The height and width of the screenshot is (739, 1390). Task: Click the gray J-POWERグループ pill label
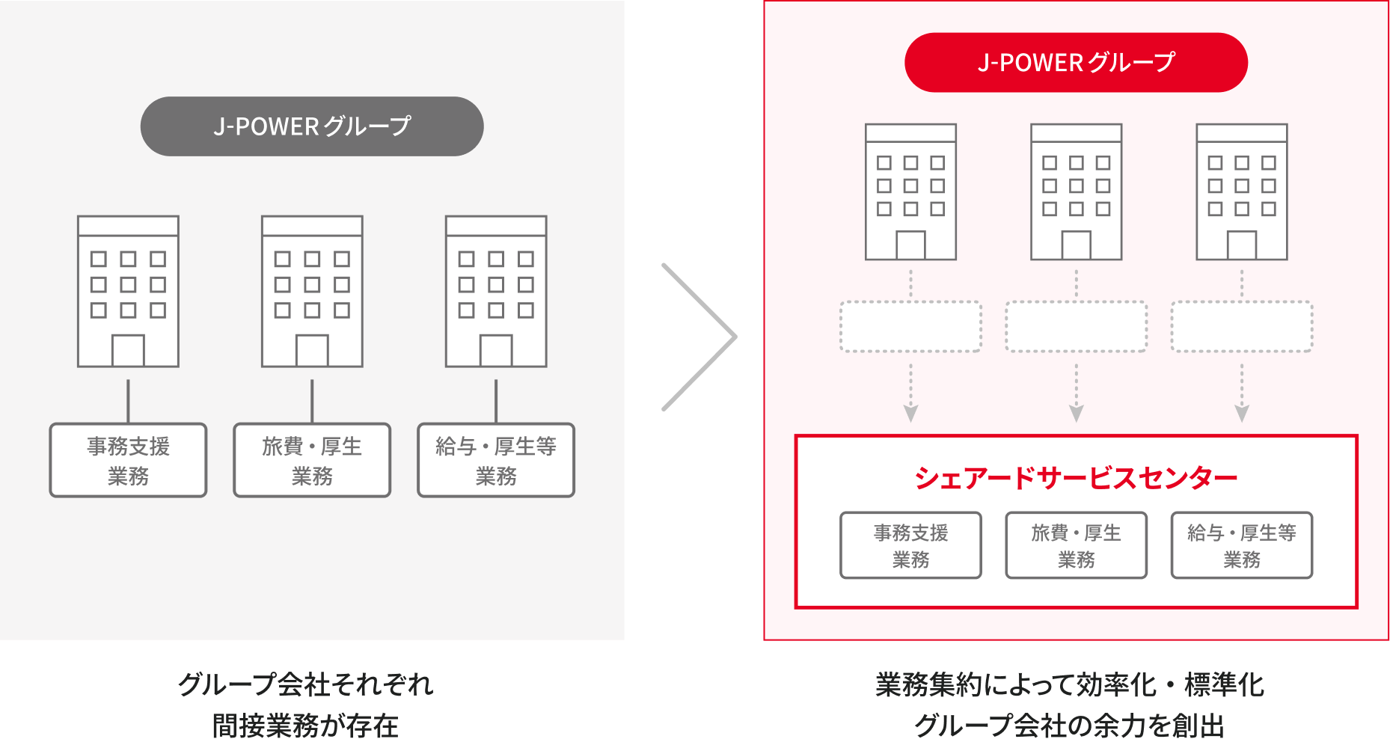coord(312,126)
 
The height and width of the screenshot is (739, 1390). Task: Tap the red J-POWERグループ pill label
coord(1076,63)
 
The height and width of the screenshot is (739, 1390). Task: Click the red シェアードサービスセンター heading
coord(1076,478)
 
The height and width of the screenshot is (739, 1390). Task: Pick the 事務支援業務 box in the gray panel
coord(128,461)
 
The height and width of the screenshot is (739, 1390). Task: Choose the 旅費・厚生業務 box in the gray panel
coord(312,461)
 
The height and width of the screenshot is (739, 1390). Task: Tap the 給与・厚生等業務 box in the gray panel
coord(496,461)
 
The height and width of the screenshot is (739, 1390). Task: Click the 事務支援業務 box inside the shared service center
coord(910,545)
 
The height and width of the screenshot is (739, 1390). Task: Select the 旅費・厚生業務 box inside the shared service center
coord(1076,545)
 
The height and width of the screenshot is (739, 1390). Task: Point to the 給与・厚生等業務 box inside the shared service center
coord(1242,545)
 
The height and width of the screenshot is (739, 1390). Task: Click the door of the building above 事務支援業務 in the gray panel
coord(128,351)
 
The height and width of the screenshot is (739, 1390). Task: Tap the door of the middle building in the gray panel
coord(312,351)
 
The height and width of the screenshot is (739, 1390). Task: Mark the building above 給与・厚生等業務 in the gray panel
coord(496,292)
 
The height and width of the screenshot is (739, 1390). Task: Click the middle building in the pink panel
coord(1076,192)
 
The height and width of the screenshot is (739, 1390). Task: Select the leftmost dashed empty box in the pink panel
coord(910,327)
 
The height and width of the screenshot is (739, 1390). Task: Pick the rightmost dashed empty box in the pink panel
coord(1242,327)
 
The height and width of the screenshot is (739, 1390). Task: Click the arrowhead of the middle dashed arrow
coord(1076,413)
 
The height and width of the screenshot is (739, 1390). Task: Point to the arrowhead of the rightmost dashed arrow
coord(1242,413)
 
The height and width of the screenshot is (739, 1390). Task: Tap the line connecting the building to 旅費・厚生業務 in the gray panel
coord(312,401)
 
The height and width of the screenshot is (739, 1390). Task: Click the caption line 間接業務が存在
coord(305,725)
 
